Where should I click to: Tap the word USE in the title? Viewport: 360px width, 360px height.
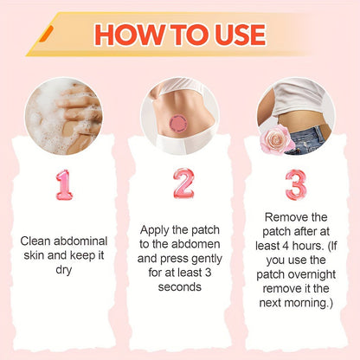(235, 34)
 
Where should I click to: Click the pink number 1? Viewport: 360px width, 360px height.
(64, 184)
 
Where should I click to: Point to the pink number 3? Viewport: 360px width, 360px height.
(295, 184)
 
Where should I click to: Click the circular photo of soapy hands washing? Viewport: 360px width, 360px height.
(64, 116)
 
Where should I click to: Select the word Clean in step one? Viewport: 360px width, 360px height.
(35, 240)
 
